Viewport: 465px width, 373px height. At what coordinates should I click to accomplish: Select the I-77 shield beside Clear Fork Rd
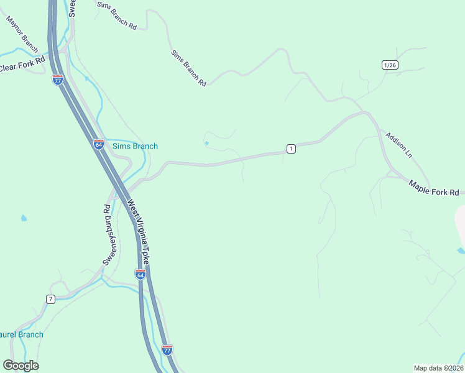[57, 80]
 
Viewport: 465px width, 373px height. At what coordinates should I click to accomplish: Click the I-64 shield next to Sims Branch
[99, 144]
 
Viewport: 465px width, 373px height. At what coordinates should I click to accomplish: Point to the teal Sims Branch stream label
[135, 146]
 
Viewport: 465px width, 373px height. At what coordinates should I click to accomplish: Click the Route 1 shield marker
[290, 148]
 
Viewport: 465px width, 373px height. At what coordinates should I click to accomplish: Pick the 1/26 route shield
[390, 65]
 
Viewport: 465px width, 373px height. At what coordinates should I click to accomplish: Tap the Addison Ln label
[399, 145]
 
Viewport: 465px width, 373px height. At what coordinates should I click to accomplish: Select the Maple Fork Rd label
[434, 188]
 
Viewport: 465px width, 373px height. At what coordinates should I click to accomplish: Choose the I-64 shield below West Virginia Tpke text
[140, 274]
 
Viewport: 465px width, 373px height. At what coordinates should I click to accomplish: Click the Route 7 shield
[50, 299]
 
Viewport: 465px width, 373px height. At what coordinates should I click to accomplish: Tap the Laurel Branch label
[22, 334]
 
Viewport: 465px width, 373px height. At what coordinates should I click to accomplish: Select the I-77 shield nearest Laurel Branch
[167, 350]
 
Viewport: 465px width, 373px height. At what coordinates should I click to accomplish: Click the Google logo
[21, 365]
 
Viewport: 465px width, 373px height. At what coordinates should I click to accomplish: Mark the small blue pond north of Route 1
[206, 144]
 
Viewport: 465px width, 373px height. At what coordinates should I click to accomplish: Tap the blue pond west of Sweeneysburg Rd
[24, 218]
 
